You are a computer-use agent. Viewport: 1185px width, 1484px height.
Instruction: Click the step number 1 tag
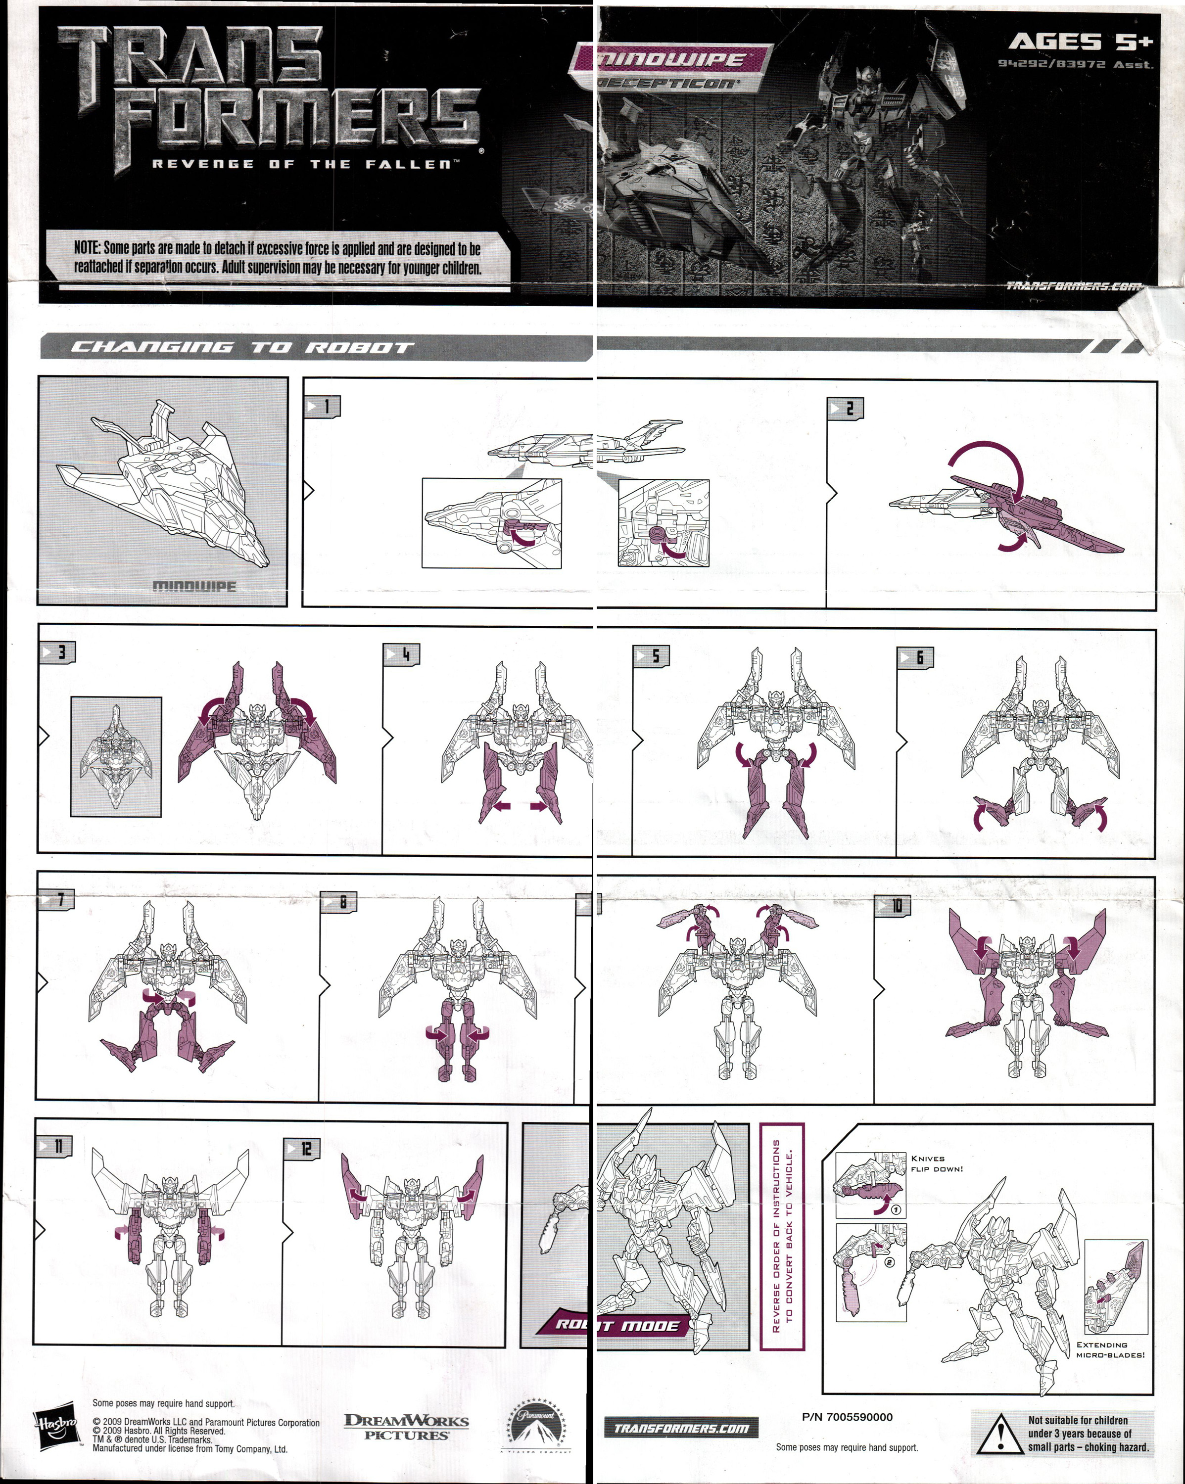click(x=322, y=406)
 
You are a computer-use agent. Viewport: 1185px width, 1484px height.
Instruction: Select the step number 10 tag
click(x=893, y=906)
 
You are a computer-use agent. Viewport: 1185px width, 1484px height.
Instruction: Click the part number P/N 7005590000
click(x=847, y=1417)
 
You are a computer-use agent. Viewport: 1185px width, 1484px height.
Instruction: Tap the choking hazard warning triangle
click(x=995, y=1435)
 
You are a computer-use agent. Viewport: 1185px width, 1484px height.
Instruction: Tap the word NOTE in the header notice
click(x=88, y=248)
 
